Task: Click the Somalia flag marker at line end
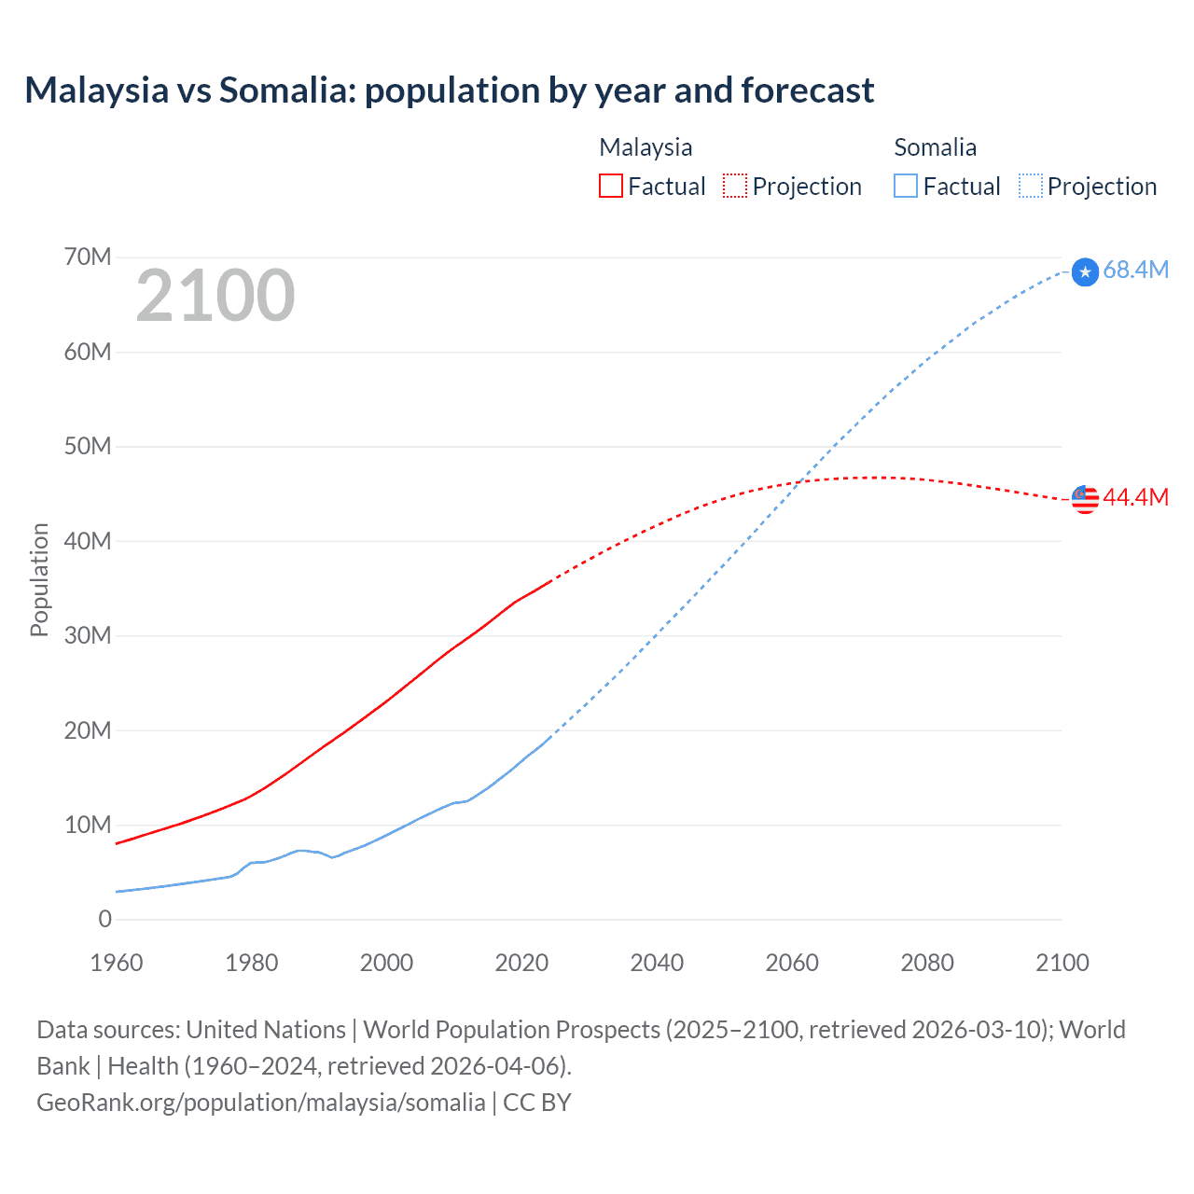pos(1085,272)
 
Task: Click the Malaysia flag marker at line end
pos(1085,499)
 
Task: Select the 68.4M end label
pos(1135,270)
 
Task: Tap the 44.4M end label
pos(1135,497)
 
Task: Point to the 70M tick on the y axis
pos(88,257)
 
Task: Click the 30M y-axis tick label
pos(88,635)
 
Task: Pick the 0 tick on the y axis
pos(104,919)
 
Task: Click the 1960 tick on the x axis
pos(117,963)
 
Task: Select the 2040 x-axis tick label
pos(657,963)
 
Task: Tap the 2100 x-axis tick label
pos(1062,963)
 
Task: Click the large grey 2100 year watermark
pos(215,296)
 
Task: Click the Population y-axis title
pos(39,579)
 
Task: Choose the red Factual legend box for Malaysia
pos(610,186)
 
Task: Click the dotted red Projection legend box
pos(735,186)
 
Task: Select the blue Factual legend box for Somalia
pos(905,186)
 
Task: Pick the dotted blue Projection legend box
pos(1030,186)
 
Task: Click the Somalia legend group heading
pos(935,147)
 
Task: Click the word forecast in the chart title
pos(808,90)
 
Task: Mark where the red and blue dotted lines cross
pos(801,482)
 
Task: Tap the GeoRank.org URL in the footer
pos(260,1102)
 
